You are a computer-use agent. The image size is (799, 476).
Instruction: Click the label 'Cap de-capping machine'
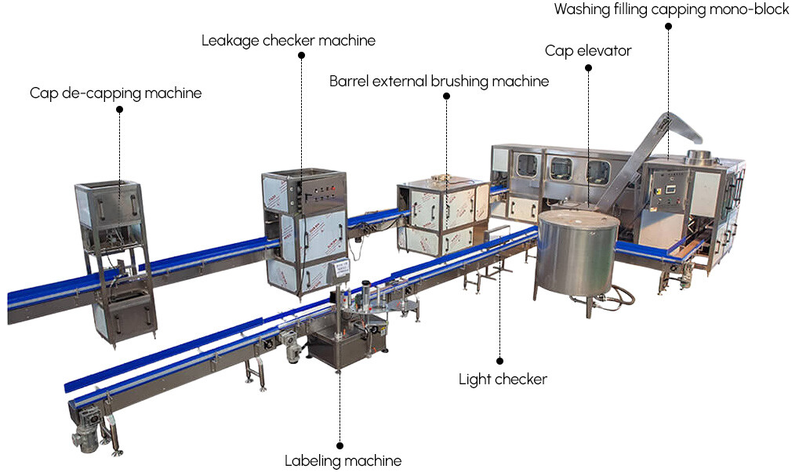tap(116, 93)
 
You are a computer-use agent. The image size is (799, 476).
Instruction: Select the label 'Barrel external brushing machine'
tap(438, 81)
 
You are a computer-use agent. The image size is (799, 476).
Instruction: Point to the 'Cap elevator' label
tap(588, 51)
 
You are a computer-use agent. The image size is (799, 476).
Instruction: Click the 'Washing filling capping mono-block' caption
tap(671, 10)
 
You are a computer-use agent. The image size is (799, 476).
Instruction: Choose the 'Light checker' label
tap(503, 380)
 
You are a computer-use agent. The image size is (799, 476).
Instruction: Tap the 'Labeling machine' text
tap(343, 460)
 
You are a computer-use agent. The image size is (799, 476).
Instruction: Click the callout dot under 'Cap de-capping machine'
tap(119, 110)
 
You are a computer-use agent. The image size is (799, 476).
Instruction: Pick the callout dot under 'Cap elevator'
tap(588, 68)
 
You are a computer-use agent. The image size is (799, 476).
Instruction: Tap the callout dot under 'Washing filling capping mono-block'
tap(669, 27)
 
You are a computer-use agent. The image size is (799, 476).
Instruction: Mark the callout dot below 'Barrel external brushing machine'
tap(446, 96)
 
